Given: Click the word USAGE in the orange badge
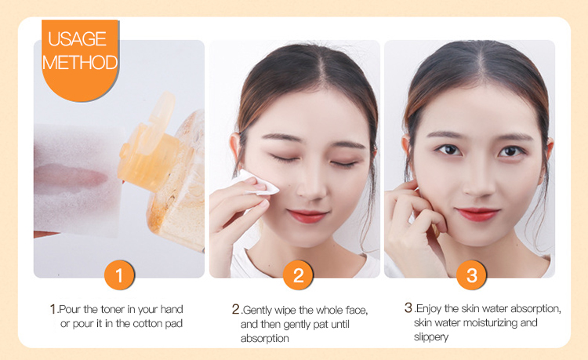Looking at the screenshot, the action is pos(78,39).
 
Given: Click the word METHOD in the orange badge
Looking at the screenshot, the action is pos(80,63).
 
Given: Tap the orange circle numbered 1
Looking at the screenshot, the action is pos(119,275).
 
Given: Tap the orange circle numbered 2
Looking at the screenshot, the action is pos(298,275).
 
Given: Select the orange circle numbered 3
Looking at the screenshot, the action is pos(471,275).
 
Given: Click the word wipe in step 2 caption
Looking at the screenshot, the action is pos(285,310).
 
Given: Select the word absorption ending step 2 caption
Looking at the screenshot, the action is pos(265,339).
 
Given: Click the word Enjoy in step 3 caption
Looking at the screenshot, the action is pos(429,309).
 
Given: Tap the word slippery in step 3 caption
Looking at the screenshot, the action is pos(431,336).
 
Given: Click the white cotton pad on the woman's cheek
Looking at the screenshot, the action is pos(258,184).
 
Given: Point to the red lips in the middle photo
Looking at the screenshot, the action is pos(307,216).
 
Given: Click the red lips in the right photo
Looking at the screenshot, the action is pos(477,214).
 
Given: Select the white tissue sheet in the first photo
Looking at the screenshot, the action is pos(78,180).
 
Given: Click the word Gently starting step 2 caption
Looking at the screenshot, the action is pos(258,311).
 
